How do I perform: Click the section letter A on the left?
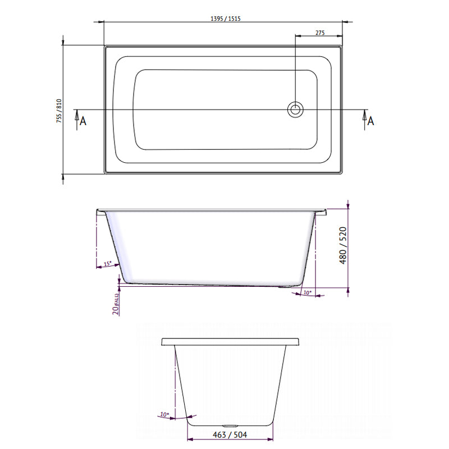coord(82,121)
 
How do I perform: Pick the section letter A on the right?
coord(370,121)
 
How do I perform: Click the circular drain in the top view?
coord(295,109)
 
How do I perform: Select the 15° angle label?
coord(108,264)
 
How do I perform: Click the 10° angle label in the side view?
coord(307,292)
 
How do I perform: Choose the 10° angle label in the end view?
coord(163,415)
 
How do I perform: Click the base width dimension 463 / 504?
coord(230,434)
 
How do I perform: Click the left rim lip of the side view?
coord(100,212)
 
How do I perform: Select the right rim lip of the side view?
coord(321,212)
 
